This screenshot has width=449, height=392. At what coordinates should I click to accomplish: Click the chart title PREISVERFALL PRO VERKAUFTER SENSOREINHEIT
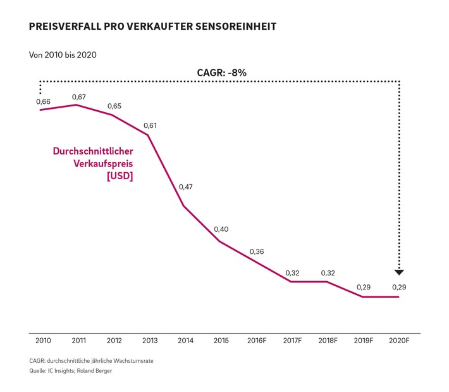coord(152,28)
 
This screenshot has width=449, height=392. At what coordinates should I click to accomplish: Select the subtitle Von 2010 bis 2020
coord(63,54)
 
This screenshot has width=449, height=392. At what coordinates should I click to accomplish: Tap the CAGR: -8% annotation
coord(221,72)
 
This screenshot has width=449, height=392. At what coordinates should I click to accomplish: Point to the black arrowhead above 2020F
coord(399,272)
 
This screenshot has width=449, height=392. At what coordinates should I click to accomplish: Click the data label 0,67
coord(78,97)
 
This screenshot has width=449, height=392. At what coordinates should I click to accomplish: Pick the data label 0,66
coord(42,101)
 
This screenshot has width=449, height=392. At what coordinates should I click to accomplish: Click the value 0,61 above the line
coord(150,125)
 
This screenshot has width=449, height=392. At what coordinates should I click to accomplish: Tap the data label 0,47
coord(186,187)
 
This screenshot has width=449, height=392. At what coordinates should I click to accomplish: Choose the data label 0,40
coord(221,229)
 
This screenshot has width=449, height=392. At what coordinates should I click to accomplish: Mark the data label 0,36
coord(257,251)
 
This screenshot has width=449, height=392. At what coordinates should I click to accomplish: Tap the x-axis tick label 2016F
coord(257,341)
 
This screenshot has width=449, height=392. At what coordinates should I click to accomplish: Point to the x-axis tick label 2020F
coord(399,341)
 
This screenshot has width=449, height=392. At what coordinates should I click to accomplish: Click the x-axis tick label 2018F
coord(328,341)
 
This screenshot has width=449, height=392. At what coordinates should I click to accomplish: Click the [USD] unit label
coord(120,177)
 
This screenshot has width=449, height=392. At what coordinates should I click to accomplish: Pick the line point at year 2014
coord(184,206)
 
